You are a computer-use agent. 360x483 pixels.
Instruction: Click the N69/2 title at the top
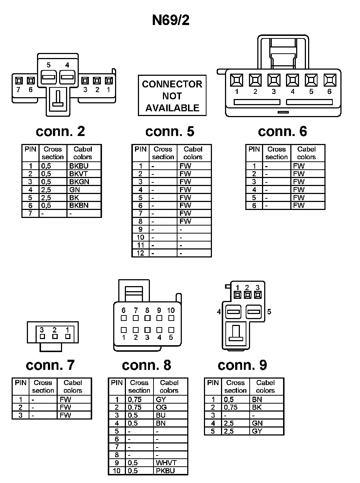171,20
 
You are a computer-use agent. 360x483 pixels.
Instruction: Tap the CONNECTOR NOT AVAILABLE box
172,96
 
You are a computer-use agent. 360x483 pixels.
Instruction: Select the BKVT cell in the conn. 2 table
78,174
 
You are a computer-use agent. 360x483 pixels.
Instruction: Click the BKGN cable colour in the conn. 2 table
79,182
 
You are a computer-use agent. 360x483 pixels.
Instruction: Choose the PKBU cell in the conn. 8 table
165,471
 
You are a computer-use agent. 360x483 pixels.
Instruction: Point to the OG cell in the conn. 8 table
161,407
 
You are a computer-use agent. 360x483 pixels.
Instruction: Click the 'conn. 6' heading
282,131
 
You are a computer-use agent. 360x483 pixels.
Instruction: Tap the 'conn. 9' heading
242,365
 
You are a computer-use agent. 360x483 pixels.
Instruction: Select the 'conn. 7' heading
50,365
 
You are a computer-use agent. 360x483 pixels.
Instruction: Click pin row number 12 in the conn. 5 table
140,253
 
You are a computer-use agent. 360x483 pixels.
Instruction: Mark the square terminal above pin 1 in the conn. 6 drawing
237,80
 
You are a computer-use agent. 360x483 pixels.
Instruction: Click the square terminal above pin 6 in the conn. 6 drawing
330,80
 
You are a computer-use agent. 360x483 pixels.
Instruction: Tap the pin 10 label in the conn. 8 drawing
171,310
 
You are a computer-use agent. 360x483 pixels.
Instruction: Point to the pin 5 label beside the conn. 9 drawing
269,311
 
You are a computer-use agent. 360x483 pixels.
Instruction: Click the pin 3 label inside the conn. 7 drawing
42,330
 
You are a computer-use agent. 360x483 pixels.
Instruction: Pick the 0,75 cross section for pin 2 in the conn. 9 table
231,407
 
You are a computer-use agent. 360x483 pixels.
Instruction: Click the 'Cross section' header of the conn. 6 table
277,153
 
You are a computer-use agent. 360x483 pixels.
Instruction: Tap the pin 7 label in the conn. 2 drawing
19,90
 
